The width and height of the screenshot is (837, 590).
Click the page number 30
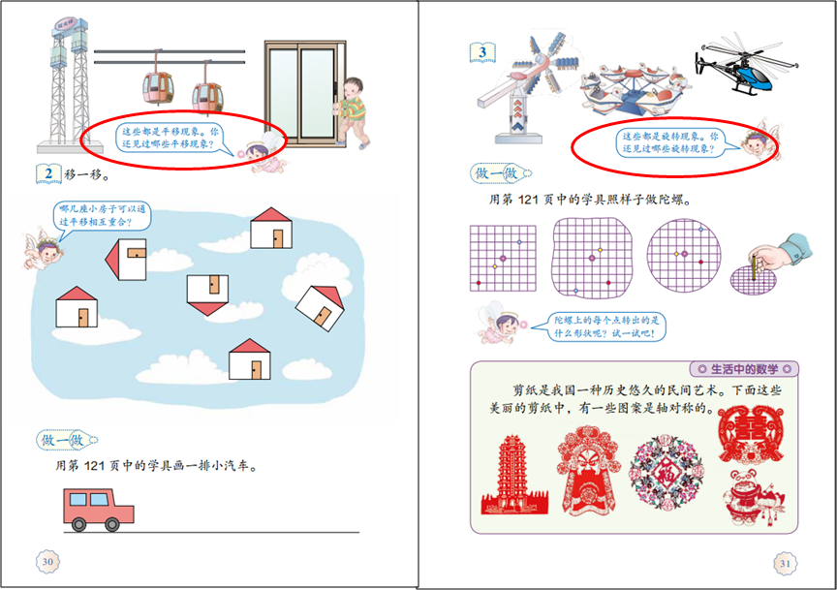click(x=46, y=560)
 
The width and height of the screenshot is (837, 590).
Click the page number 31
click(x=785, y=563)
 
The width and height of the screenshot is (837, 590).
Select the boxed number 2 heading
click(x=47, y=174)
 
